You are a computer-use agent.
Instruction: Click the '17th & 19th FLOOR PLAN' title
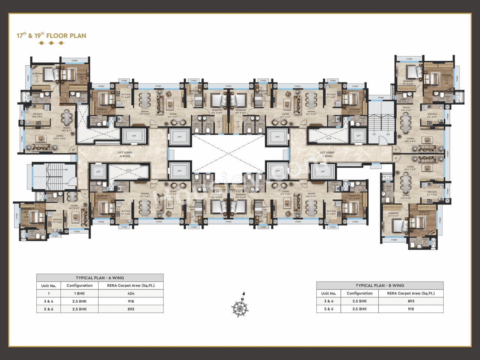click(51, 36)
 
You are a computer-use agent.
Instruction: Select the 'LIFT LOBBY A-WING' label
click(125, 154)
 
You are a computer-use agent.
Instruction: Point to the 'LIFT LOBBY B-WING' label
click(327, 154)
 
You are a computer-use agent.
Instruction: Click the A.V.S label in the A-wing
click(129, 170)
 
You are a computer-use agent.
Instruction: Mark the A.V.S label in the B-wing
click(328, 138)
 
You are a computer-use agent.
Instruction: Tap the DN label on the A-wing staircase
click(66, 170)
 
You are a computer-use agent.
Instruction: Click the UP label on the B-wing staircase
click(374, 134)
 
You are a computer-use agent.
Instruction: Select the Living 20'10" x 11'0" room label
click(60, 137)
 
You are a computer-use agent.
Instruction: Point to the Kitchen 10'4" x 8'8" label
click(37, 115)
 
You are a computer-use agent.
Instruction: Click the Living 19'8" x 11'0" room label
click(410, 139)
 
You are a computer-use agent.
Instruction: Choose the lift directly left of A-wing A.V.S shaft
click(98, 172)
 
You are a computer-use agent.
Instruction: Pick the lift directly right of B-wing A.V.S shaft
click(358, 136)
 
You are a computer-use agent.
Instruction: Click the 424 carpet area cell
click(131, 294)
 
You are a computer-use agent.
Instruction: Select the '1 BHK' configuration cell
click(79, 294)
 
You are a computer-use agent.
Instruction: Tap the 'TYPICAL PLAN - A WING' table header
click(100, 278)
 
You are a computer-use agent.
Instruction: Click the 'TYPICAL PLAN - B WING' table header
click(380, 285)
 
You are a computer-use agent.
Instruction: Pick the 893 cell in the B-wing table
click(411, 301)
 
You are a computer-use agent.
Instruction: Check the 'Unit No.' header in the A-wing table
click(48, 286)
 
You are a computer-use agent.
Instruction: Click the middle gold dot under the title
click(51, 43)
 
